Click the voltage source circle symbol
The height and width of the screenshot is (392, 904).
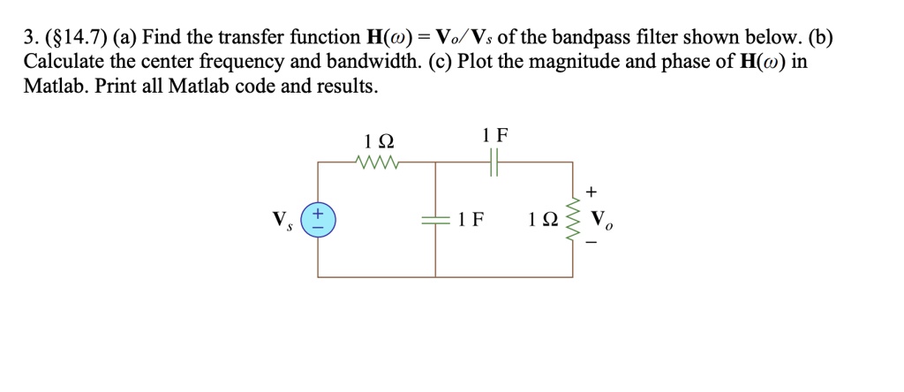point(319,220)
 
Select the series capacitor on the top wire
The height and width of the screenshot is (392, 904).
point(495,162)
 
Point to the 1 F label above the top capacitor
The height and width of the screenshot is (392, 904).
point(495,136)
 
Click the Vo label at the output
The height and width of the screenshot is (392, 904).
point(602,221)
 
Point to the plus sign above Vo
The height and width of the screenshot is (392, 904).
point(591,191)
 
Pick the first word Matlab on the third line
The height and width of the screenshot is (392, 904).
point(53,87)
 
